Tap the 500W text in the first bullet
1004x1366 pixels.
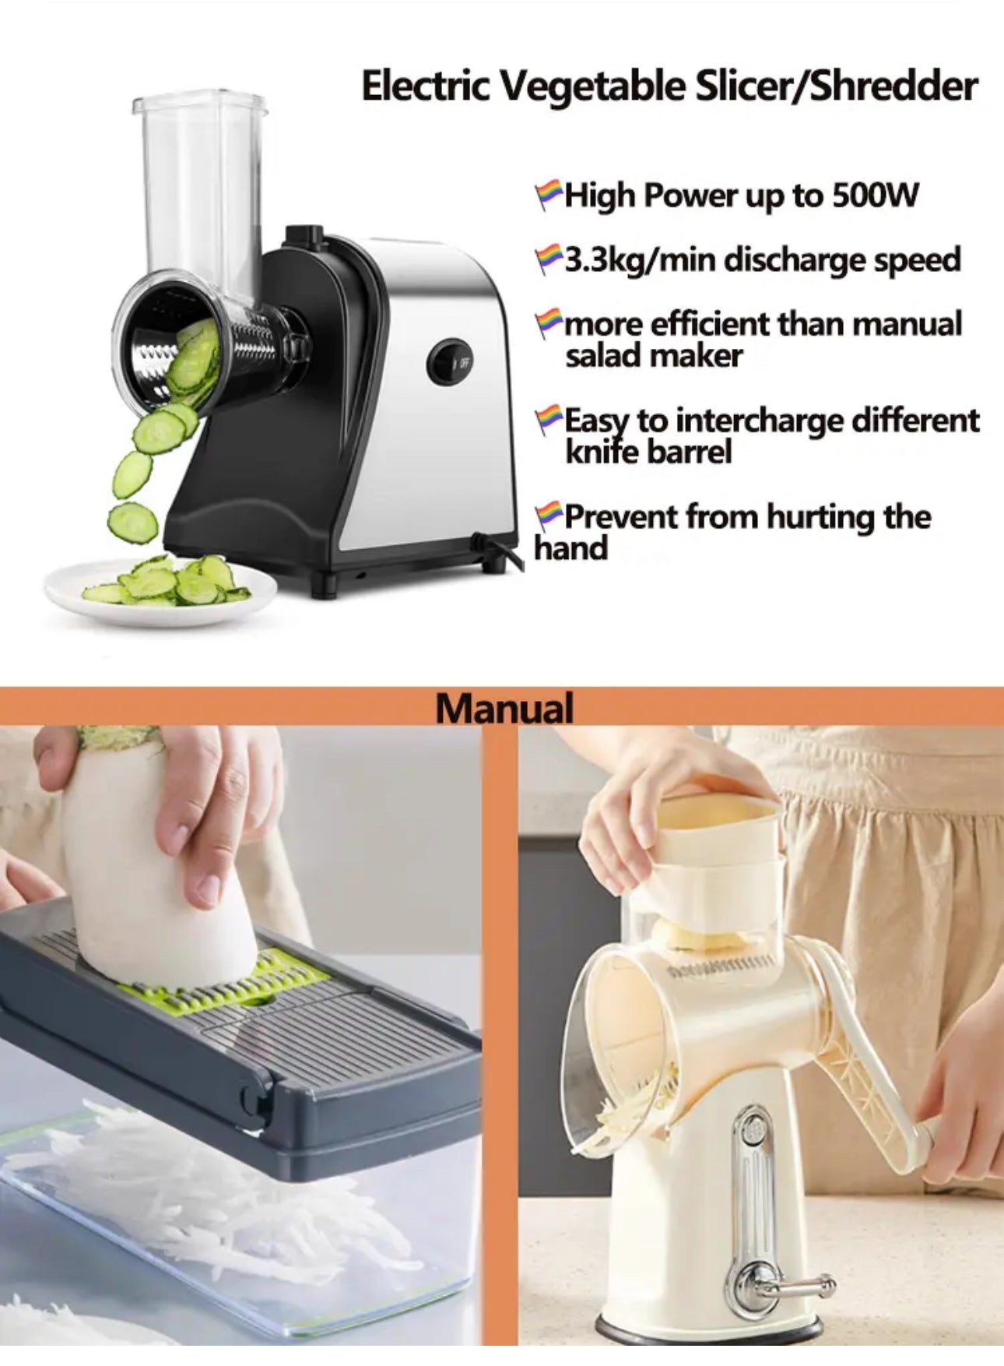point(876,195)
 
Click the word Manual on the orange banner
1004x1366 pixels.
point(504,707)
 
